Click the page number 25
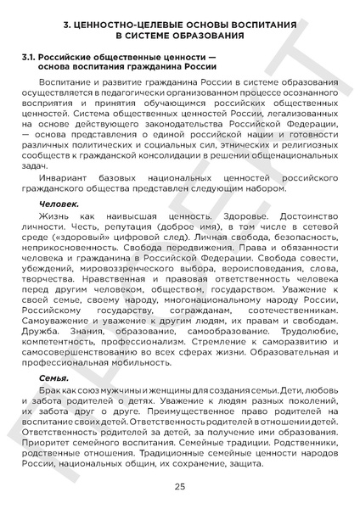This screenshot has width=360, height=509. click(179, 486)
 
